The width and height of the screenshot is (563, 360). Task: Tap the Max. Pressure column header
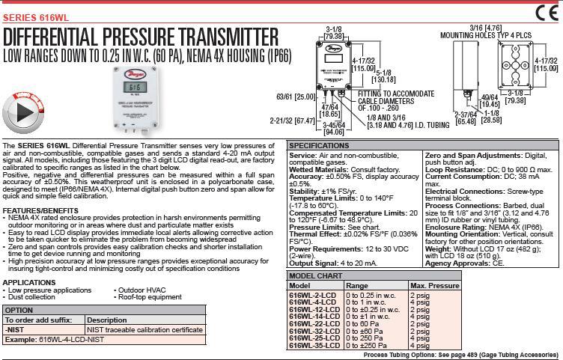(x=434, y=286)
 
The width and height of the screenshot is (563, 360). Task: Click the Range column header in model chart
(x=357, y=286)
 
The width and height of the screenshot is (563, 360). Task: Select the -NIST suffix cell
(x=15, y=329)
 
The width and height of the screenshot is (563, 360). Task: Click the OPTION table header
(x=19, y=310)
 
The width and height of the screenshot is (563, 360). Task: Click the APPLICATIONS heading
(x=28, y=282)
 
